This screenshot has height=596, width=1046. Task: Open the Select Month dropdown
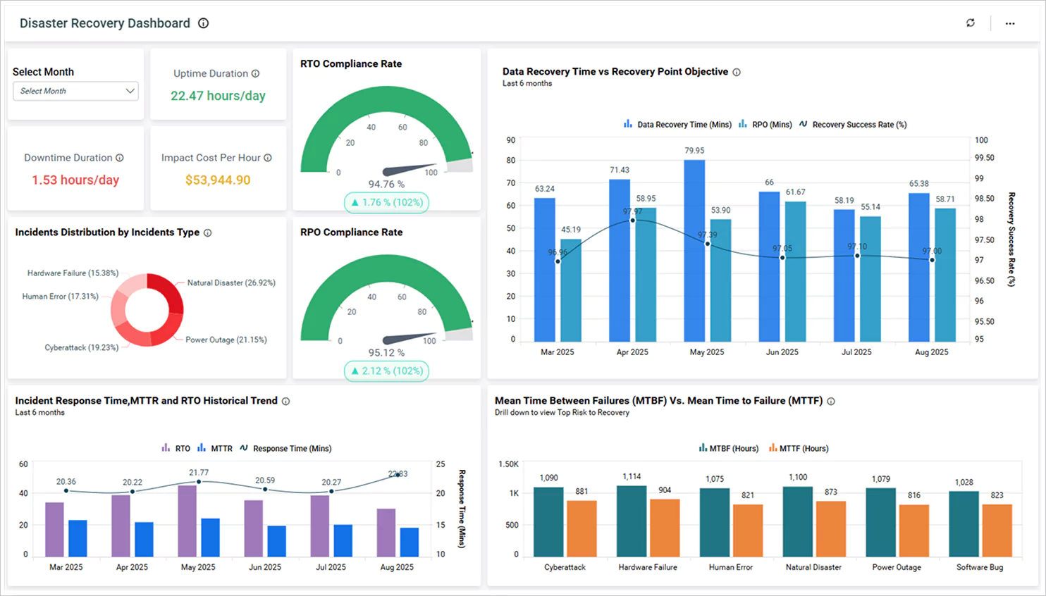(x=75, y=91)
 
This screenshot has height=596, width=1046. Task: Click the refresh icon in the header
(x=971, y=23)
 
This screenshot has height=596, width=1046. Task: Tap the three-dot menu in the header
(x=1010, y=23)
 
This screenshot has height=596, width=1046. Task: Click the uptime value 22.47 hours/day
(x=218, y=96)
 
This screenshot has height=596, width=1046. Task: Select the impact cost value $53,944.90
(x=218, y=180)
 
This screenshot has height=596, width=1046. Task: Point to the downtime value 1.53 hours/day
(x=75, y=180)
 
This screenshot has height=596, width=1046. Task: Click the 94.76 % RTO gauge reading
(x=386, y=185)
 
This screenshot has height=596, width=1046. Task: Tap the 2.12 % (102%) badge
(x=386, y=371)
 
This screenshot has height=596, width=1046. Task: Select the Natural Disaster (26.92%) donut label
(x=231, y=283)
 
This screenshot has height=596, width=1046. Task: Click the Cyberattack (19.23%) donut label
(x=82, y=347)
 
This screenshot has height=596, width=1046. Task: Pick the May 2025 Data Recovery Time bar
(x=694, y=250)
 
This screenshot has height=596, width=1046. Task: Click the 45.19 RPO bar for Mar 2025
(x=571, y=290)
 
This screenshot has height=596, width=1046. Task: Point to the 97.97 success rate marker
(x=632, y=221)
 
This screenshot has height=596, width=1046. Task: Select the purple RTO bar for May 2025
(x=187, y=521)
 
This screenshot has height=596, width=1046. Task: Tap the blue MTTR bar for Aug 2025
(x=410, y=542)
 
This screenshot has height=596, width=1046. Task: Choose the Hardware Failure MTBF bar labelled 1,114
(x=632, y=521)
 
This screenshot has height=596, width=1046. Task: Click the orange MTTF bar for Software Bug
(x=997, y=530)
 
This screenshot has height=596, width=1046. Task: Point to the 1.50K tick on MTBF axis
(x=508, y=464)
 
